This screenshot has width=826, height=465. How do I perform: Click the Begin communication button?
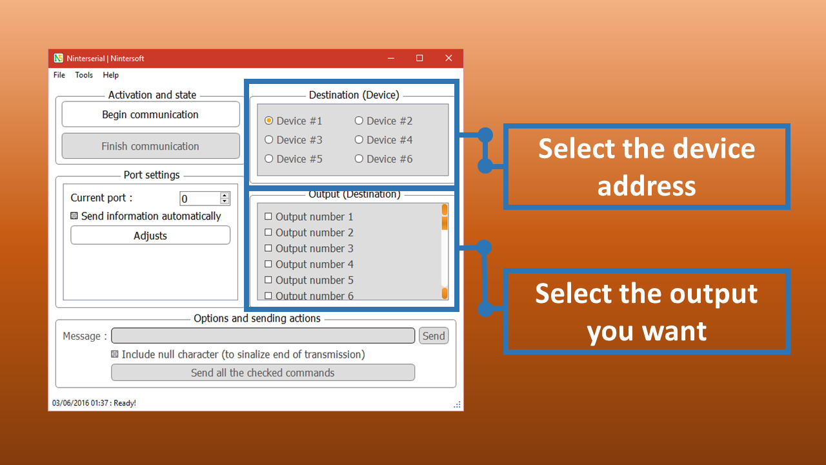[x=150, y=114]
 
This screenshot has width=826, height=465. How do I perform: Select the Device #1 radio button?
[x=269, y=121]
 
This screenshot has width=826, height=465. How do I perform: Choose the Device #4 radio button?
[x=359, y=140]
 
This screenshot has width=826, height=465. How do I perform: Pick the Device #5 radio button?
[x=269, y=159]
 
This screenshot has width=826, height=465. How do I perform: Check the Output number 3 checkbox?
[x=268, y=248]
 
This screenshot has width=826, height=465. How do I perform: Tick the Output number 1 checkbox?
[x=268, y=216]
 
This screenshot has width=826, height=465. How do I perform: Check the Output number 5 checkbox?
[x=268, y=280]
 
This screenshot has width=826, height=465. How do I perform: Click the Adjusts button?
[x=150, y=236]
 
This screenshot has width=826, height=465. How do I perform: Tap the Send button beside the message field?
[x=434, y=336]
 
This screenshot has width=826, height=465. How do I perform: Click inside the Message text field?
[x=263, y=335]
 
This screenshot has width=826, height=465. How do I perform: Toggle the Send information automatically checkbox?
[x=74, y=216]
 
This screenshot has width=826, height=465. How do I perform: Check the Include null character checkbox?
[x=115, y=355]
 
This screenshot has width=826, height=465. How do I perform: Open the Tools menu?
[x=84, y=75]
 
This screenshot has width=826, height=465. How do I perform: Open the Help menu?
[x=110, y=75]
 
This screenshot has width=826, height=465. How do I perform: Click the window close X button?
[x=448, y=58]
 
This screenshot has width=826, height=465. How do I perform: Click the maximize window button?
[x=419, y=58]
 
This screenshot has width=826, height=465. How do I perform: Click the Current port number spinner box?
[x=205, y=198]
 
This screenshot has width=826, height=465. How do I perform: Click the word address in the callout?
[x=647, y=187]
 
